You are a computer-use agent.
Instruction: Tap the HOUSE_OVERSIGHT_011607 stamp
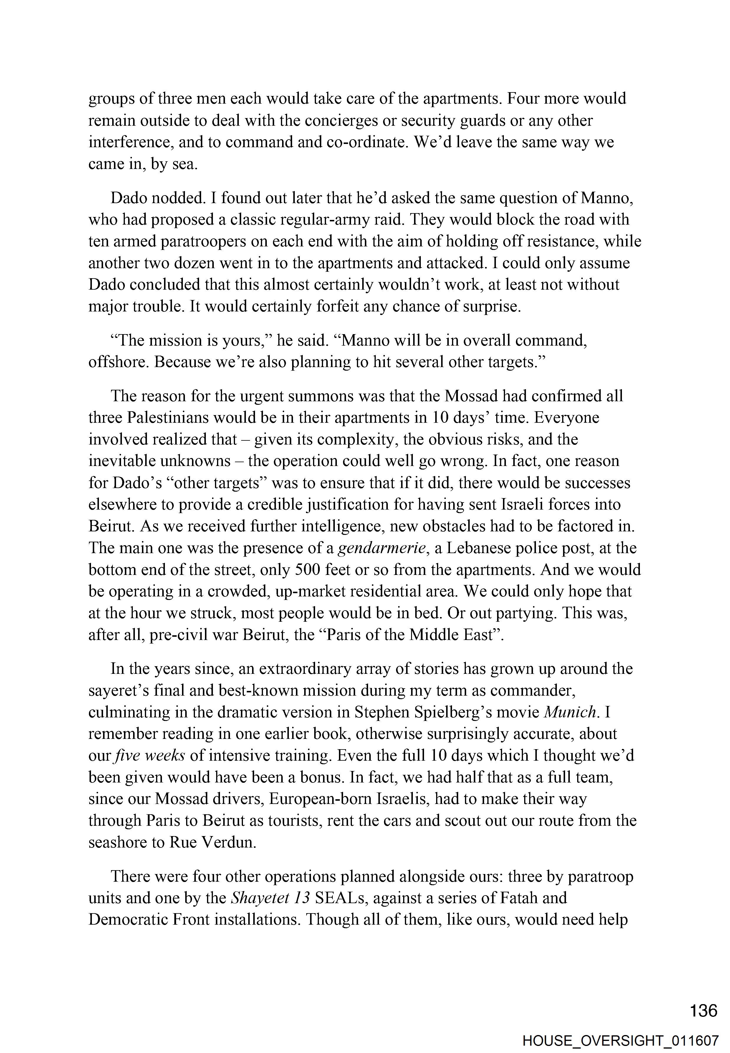[621, 1037]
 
